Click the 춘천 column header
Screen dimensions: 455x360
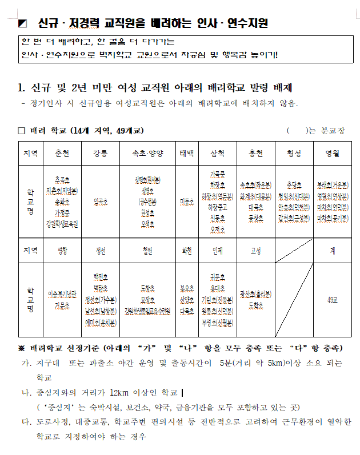62,154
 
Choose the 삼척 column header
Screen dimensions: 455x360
217,154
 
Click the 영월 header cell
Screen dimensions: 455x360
332,154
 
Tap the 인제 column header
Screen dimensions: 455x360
217,251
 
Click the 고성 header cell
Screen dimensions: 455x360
255,251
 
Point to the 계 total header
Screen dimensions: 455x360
332,251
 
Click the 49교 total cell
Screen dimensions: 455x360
332,300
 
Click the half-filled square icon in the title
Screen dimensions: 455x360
23,23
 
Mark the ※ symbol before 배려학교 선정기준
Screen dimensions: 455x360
22,348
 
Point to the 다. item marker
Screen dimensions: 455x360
26,422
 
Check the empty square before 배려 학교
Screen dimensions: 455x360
22,131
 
